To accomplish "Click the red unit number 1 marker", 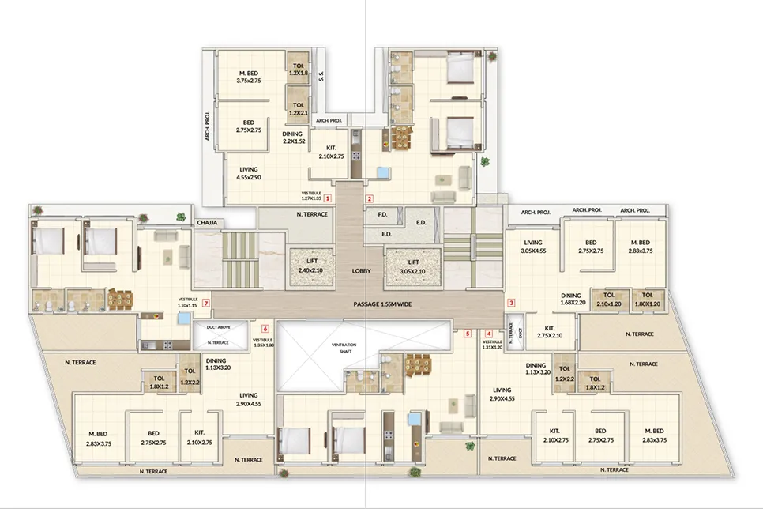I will pyautogui.click(x=326, y=198).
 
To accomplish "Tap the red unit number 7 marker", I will pyautogui.click(x=205, y=303).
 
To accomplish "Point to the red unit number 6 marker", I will pyautogui.click(x=265, y=328).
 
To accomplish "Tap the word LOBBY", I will pyautogui.click(x=362, y=270).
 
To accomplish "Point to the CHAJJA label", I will pyautogui.click(x=208, y=223).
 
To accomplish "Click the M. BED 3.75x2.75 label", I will pyautogui.click(x=248, y=76).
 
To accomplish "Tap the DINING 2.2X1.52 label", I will pyautogui.click(x=291, y=138).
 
